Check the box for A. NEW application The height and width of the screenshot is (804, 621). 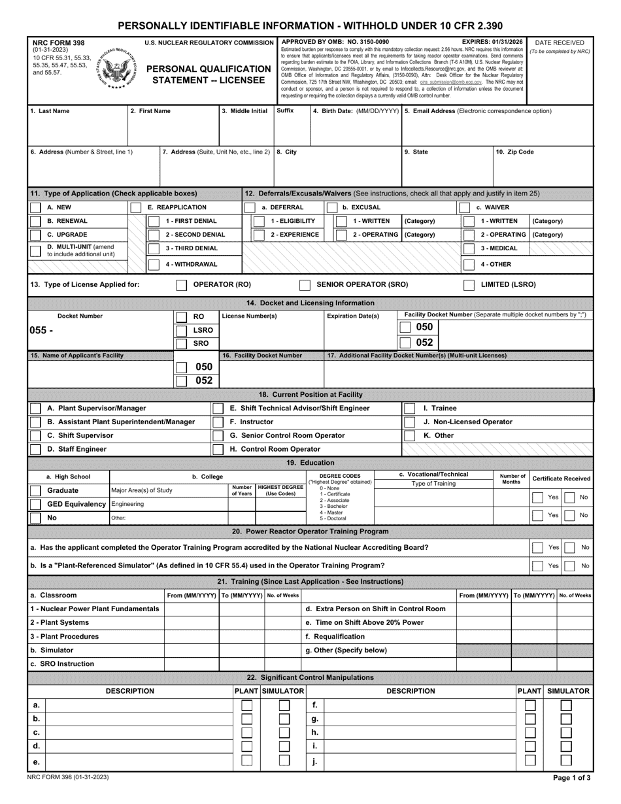(x=36, y=207)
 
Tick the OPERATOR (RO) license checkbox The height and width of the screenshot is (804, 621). (x=182, y=285)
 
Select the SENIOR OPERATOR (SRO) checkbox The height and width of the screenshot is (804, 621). (x=305, y=285)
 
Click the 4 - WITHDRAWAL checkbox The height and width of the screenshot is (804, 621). (x=154, y=265)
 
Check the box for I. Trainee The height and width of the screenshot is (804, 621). (x=409, y=409)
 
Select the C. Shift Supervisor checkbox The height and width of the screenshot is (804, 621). (x=36, y=435)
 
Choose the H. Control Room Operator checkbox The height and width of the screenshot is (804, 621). (x=218, y=449)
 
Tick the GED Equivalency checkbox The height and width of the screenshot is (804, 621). (x=36, y=504)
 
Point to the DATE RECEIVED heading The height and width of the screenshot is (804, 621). (x=559, y=42)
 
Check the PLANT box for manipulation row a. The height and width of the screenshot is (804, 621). (x=246, y=705)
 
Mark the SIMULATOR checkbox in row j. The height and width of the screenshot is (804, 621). (x=566, y=761)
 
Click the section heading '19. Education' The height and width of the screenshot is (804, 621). (x=310, y=463)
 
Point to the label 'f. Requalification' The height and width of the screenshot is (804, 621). (x=335, y=636)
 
